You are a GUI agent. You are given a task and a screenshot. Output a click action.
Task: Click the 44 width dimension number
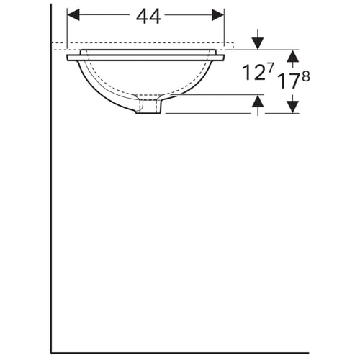coord(148,17)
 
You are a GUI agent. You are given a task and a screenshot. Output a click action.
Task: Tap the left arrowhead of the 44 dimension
coord(73,15)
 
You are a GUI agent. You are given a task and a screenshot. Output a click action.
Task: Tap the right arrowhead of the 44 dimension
coord(218,15)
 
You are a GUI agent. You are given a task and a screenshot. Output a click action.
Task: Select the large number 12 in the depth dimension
coord(252,73)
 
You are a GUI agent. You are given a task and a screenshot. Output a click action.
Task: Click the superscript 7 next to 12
coord(269,68)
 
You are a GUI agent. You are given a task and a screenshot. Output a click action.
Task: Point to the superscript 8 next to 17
coord(306,76)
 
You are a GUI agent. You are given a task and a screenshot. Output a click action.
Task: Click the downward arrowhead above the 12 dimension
coord(258,43)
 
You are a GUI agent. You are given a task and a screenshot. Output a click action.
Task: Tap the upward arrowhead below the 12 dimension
coord(258,101)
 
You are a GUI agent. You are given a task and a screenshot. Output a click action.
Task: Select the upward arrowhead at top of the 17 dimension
coord(293,56)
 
